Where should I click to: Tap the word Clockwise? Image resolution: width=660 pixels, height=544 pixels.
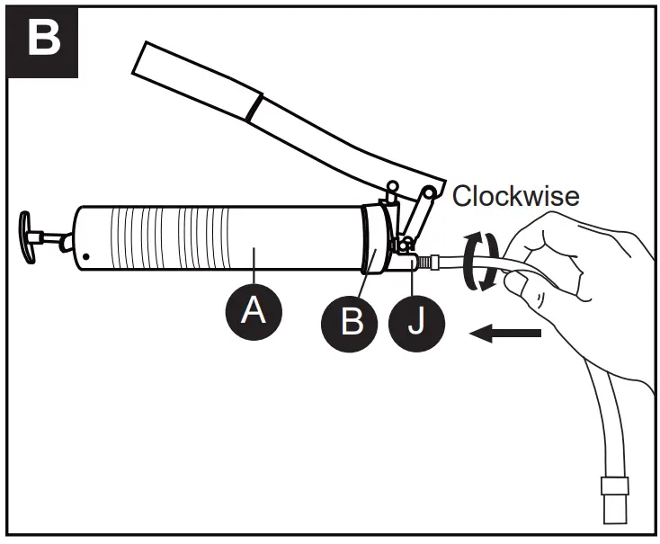[516, 195]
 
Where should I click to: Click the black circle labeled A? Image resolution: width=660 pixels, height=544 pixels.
[254, 311]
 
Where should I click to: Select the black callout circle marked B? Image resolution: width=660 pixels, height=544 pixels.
[352, 320]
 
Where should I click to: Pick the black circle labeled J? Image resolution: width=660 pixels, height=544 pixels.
[416, 320]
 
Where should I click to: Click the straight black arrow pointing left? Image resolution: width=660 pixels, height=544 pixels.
[507, 334]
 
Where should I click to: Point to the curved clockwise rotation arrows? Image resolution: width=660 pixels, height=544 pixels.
[479, 261]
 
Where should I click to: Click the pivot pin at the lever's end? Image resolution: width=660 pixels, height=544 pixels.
[431, 192]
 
